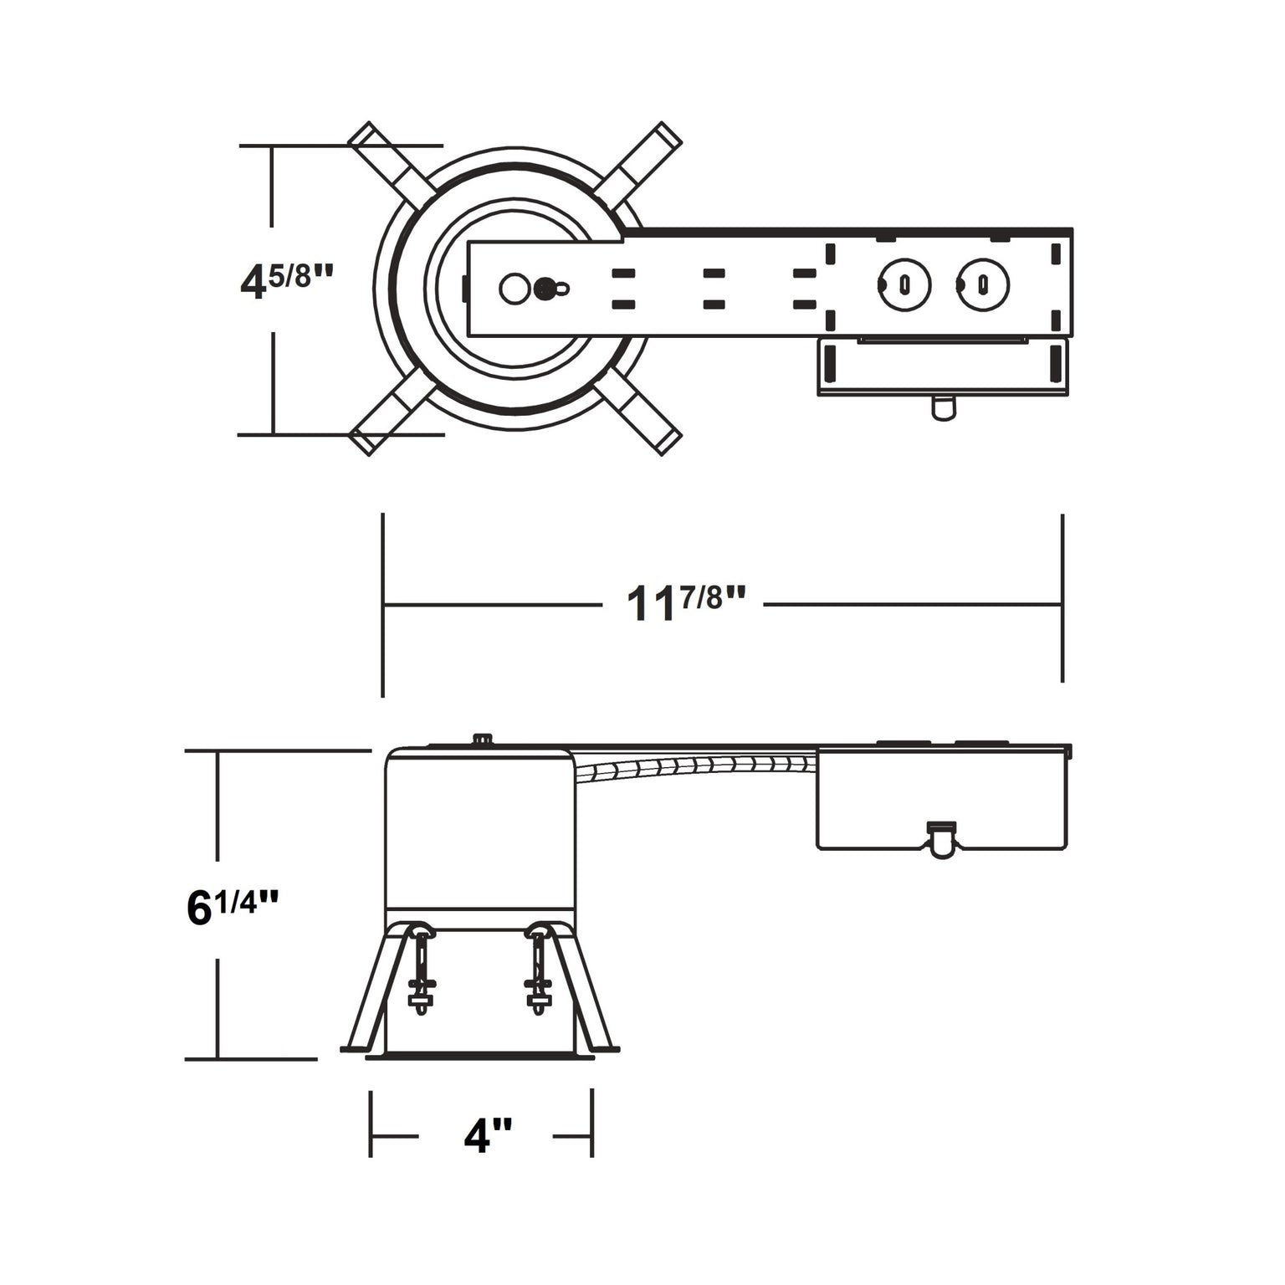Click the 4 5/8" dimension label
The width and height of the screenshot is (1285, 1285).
(286, 279)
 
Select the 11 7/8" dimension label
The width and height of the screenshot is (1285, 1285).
(685, 602)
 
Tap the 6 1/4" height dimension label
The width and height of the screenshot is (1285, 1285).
(232, 907)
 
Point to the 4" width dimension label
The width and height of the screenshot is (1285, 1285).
(488, 1135)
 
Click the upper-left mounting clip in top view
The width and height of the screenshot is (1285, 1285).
(388, 164)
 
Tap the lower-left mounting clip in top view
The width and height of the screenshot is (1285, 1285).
(390, 413)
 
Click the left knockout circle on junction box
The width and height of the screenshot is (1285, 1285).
(904, 285)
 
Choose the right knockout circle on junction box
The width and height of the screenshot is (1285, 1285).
(983, 285)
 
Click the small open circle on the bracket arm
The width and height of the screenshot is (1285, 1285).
(514, 289)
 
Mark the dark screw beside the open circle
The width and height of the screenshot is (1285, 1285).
(545, 289)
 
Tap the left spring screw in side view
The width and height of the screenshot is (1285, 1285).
(421, 970)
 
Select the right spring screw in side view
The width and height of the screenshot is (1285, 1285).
(538, 970)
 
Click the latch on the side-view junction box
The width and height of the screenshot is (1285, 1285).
(941, 838)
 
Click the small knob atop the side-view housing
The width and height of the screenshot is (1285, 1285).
(482, 739)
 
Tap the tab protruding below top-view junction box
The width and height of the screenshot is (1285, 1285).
(943, 407)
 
